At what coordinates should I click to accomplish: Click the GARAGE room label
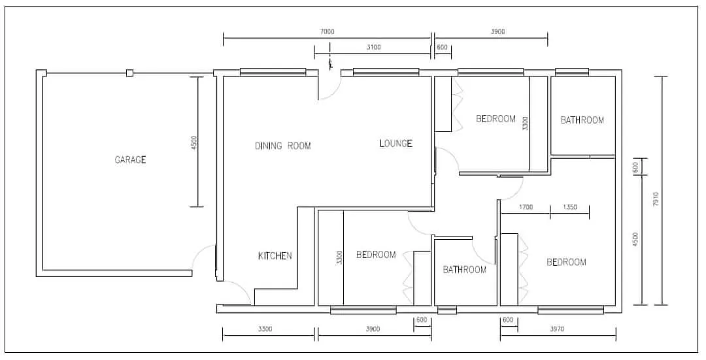130,160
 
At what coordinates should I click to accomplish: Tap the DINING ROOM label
283,146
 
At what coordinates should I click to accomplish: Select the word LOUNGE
395,144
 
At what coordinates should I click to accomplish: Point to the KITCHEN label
275,256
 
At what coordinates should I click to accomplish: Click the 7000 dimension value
328,31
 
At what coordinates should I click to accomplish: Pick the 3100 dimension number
374,47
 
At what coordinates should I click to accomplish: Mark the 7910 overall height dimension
656,199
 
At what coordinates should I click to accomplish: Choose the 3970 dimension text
557,329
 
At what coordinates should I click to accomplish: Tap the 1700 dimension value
526,208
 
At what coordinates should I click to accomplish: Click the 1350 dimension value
569,208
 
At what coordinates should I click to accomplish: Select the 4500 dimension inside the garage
194,142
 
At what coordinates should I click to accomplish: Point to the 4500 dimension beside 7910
635,239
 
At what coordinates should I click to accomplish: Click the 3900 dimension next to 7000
497,31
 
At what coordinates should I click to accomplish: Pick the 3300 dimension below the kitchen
265,329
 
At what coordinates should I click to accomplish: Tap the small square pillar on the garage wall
129,73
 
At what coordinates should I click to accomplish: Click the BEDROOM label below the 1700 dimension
566,262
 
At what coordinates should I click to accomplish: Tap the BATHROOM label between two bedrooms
465,270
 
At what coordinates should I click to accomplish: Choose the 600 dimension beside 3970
508,320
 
